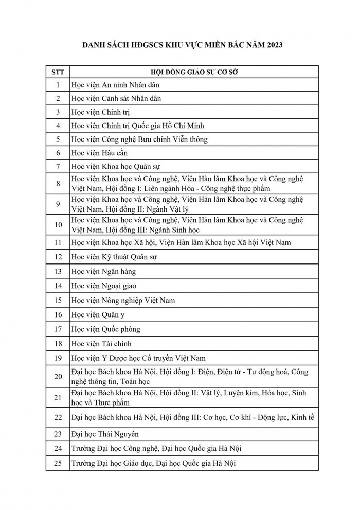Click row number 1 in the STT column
pos(58,85)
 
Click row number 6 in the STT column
pos(58,153)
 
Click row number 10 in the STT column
pos(58,225)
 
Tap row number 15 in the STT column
pos(58,300)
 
